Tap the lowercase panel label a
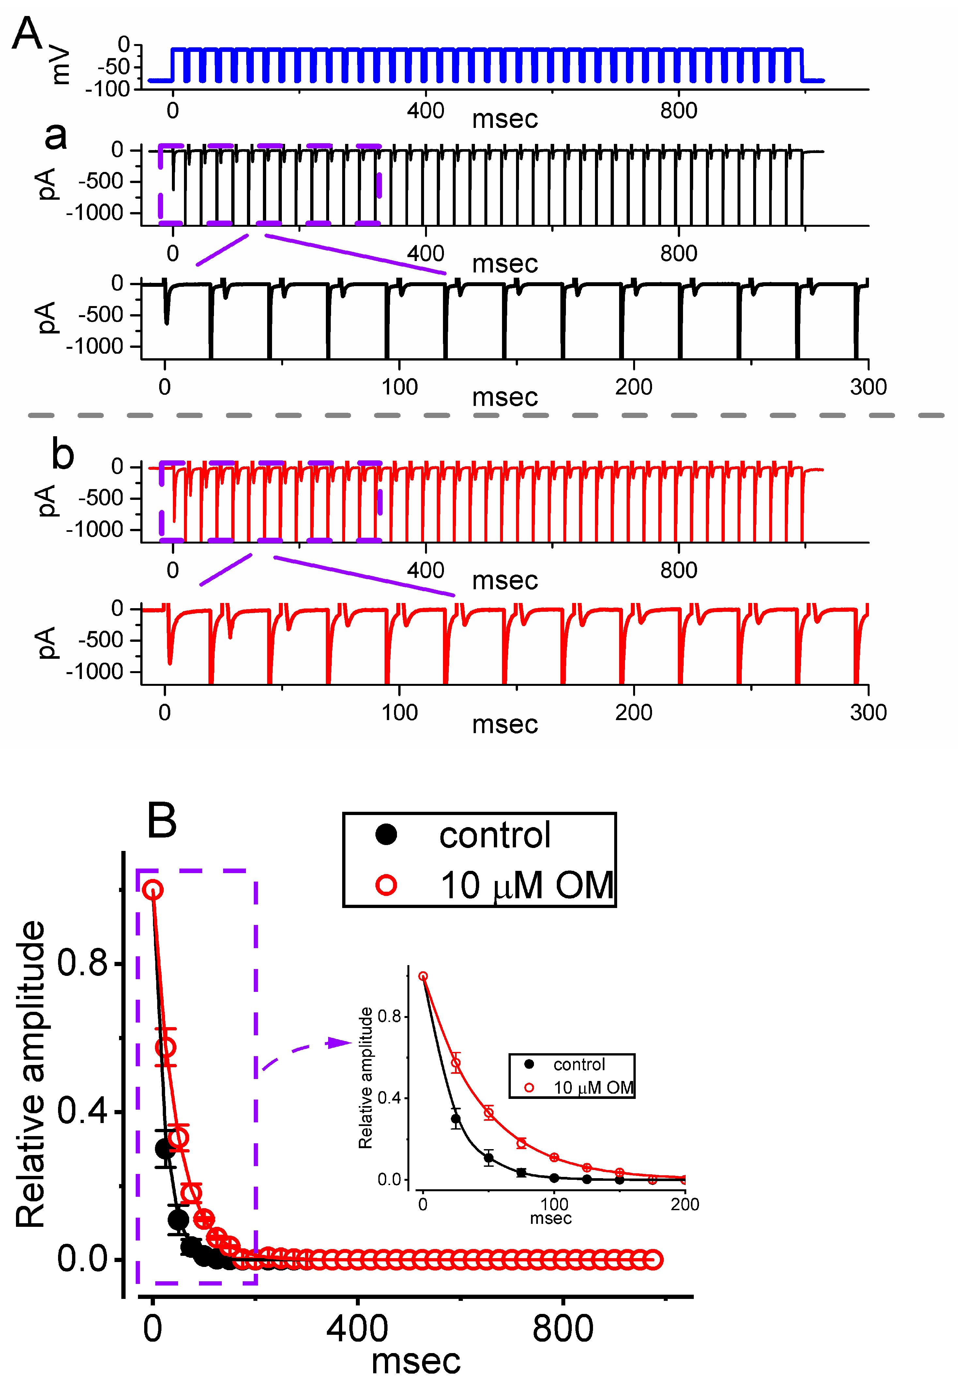[56, 136]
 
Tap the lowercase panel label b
[62, 455]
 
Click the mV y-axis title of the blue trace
[61, 66]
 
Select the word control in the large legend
[494, 835]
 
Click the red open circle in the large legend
[386, 885]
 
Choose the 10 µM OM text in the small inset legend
[593, 1088]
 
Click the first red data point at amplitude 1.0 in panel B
[153, 890]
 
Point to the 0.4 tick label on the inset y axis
[389, 1098]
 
